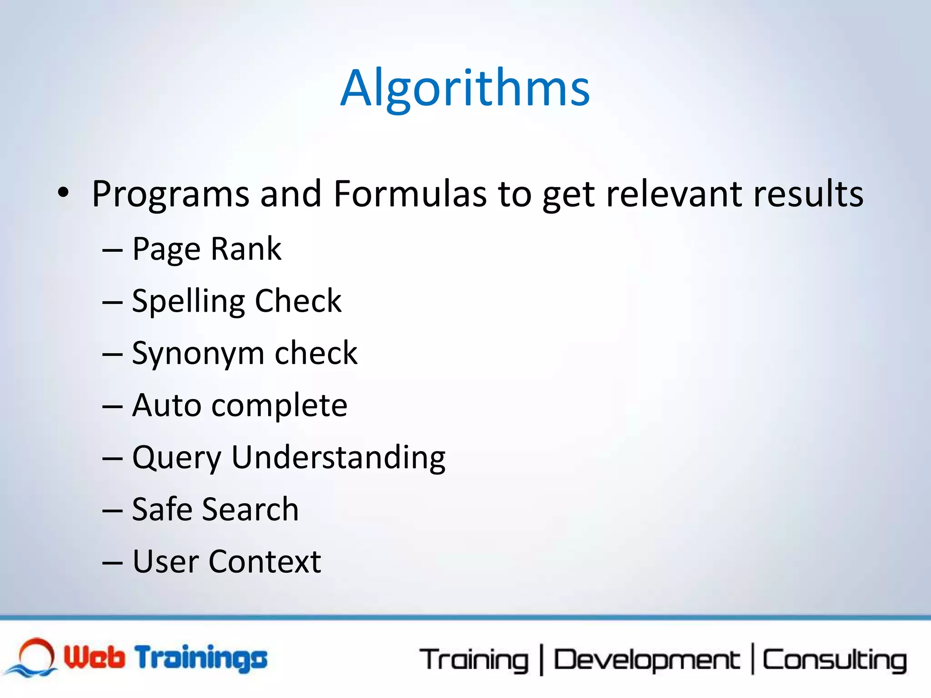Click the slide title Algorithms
[465, 89]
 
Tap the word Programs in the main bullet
[170, 194]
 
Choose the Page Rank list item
[207, 249]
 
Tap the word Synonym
[198, 354]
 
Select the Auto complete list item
[240, 405]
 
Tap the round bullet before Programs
[64, 193]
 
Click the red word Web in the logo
[94, 657]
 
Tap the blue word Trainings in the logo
[201, 658]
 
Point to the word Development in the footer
[646, 660]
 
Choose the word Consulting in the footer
[835, 660]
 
